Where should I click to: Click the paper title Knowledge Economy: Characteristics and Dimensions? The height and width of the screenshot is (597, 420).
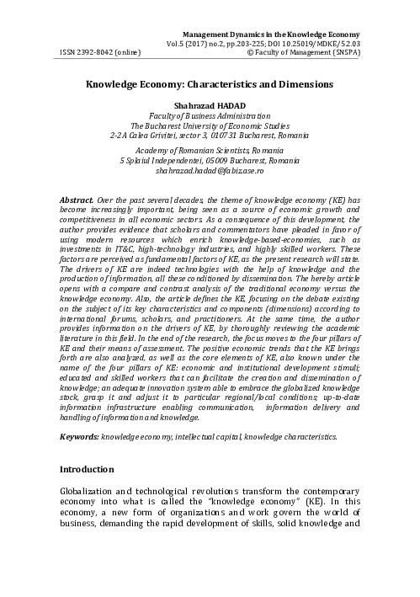pyautogui.click(x=210, y=85)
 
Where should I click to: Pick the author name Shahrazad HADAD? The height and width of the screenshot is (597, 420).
pyautogui.click(x=210, y=107)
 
